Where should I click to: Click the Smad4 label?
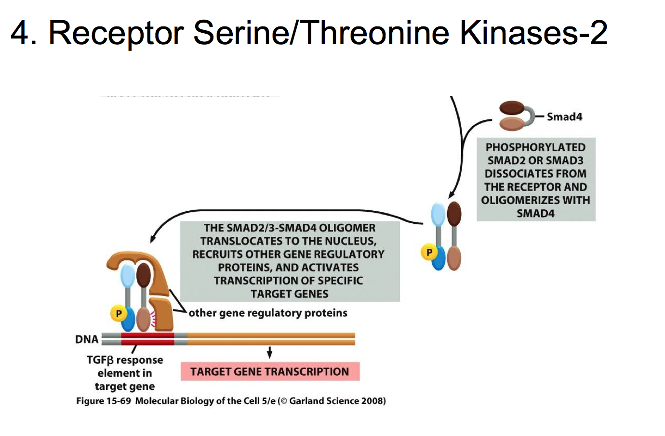564,117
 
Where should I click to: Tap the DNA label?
87,339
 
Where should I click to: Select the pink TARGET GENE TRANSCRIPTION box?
270,372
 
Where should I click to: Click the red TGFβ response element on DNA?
147,339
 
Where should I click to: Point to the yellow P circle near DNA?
119,314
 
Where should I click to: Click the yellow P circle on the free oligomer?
429,252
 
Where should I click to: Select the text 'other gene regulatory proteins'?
268,313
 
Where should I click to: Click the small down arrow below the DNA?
269,352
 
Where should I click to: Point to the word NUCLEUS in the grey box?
351,241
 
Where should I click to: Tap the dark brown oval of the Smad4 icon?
512,108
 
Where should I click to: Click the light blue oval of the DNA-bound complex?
128,276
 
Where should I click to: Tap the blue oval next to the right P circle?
439,258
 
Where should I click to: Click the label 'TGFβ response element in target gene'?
125,373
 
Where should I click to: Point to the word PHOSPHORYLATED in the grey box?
535,147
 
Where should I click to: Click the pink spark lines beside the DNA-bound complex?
153,319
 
